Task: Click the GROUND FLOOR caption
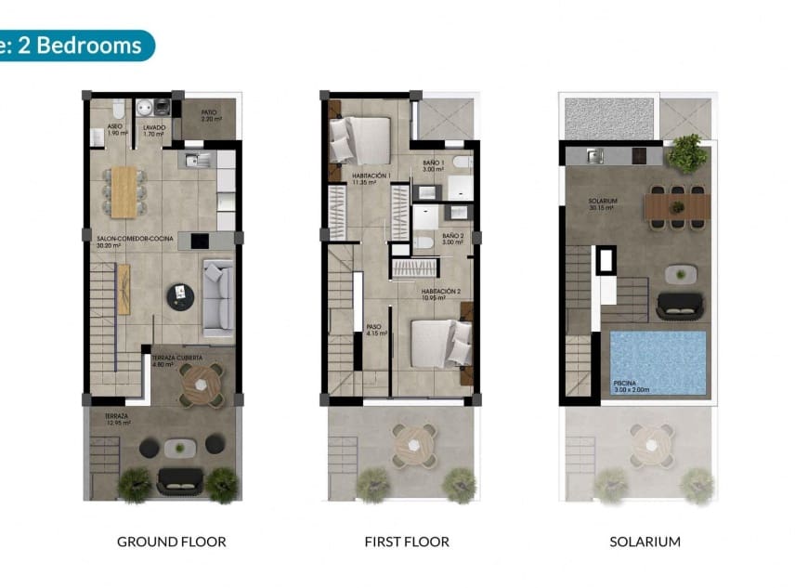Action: point(171,542)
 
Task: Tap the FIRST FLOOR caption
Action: point(408,542)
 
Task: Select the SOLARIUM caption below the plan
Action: point(645,542)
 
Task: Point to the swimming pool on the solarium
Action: point(658,361)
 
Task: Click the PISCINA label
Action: point(626,383)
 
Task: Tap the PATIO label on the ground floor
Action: point(210,115)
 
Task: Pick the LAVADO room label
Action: point(153,129)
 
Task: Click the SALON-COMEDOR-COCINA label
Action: point(130,241)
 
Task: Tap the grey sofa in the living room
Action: point(218,297)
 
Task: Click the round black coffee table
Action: point(179,296)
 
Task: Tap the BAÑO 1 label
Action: point(434,165)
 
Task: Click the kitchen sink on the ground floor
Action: point(198,160)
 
